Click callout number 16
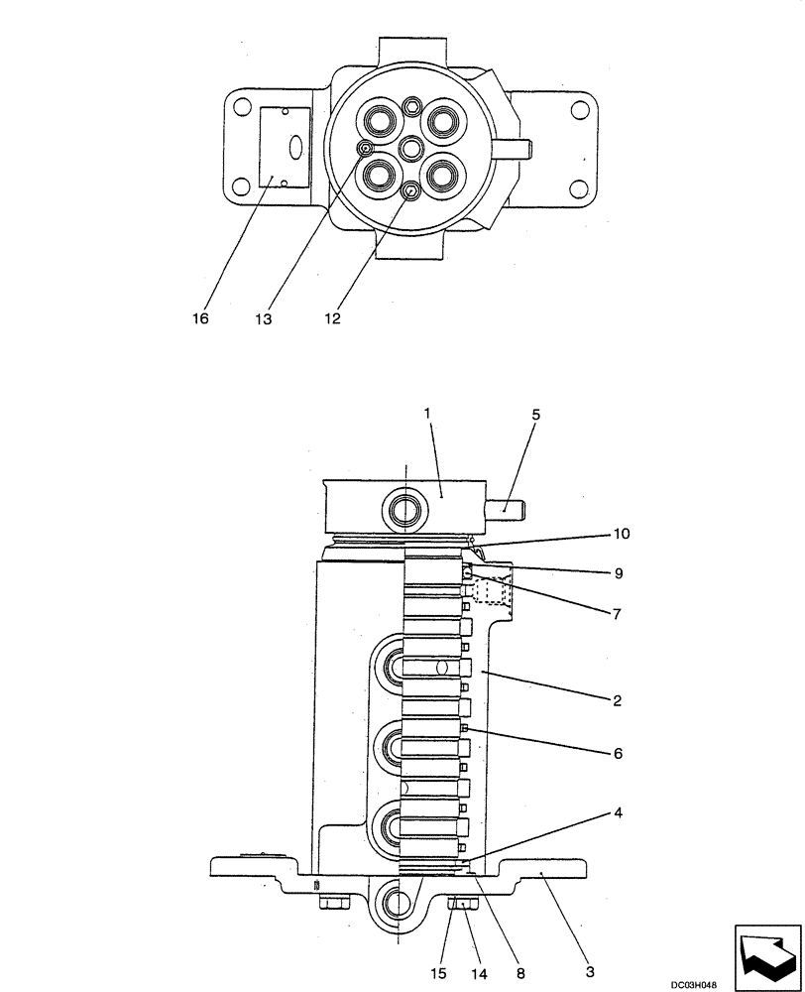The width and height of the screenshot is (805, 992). tap(201, 319)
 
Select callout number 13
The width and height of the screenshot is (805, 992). tap(265, 319)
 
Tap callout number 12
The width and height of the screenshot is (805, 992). tap(331, 319)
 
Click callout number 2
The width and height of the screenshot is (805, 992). tap(616, 701)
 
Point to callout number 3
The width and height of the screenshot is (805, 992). tap(590, 972)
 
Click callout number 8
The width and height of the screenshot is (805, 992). tap(518, 972)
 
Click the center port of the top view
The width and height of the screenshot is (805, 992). tap(410, 150)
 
